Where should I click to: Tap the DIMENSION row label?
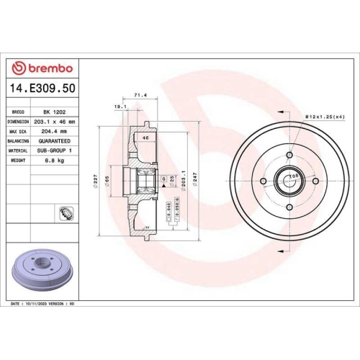[x=18, y=122]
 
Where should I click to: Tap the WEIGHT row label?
[x=18, y=161]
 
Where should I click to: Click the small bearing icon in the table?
[x=64, y=212]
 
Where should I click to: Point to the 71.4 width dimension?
[x=141, y=94]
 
